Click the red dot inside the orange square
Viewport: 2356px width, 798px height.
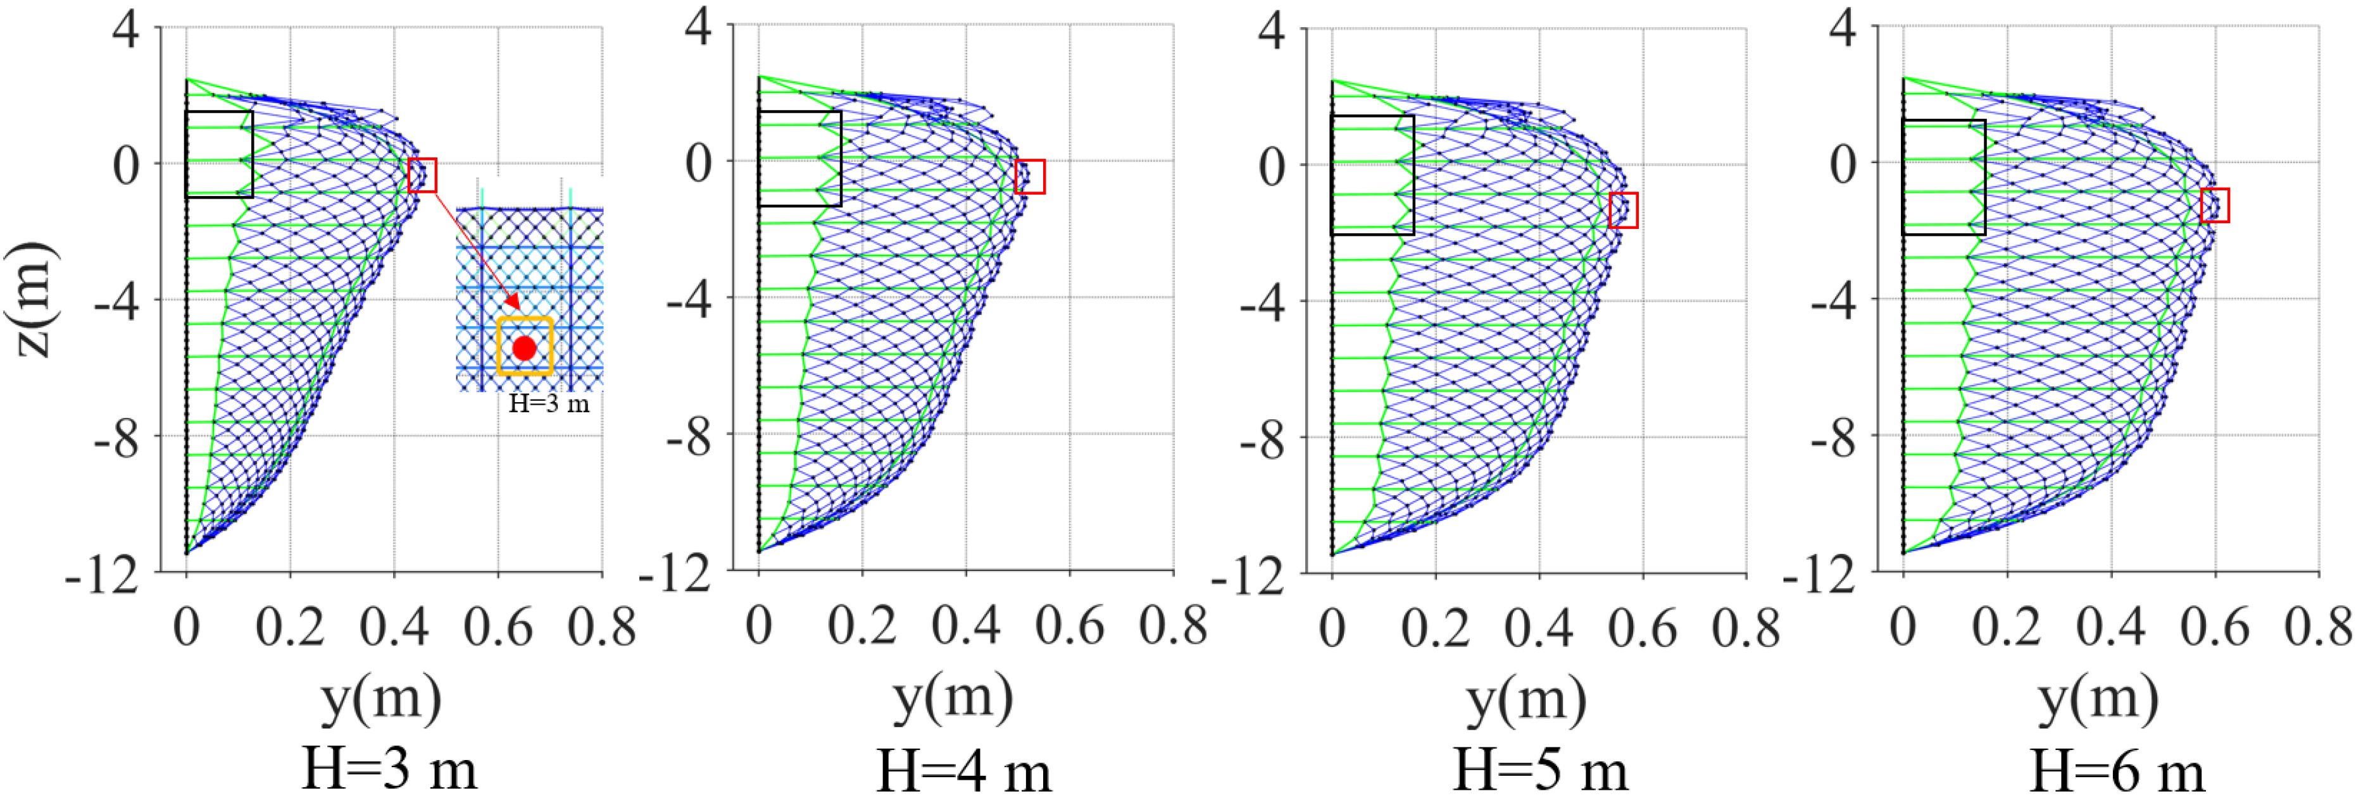coord(524,348)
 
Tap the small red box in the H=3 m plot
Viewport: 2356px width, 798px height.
coord(423,175)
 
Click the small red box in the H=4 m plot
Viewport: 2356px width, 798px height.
coord(1030,176)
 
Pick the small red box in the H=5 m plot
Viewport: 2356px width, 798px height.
coord(1624,210)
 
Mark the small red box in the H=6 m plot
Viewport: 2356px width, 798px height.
coord(2215,205)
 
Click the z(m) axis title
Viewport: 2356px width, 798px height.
coord(32,300)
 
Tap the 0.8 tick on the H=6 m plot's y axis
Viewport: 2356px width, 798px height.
coord(2319,627)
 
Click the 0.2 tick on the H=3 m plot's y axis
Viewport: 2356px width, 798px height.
coord(290,627)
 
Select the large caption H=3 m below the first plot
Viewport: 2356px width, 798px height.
coord(390,769)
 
